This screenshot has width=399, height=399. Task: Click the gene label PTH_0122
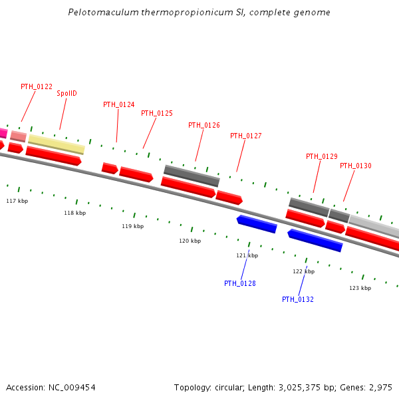tap(37, 86)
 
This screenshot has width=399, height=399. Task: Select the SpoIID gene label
tap(66, 93)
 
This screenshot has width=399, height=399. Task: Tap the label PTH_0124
tap(119, 104)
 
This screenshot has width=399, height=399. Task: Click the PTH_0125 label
tap(157, 113)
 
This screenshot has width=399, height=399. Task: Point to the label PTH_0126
tap(204, 125)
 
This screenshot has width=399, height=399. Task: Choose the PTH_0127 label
tap(246, 136)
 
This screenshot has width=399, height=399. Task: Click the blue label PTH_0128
tap(240, 283)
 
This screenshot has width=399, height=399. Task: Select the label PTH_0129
tap(322, 156)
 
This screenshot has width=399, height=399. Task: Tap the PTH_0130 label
tap(356, 166)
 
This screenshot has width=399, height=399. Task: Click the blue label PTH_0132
tap(298, 299)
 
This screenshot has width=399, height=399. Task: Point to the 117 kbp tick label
tap(17, 201)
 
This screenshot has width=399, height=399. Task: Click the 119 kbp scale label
tap(132, 226)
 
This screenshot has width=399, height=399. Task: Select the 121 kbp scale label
tap(247, 255)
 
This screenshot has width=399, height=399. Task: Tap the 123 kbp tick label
tap(360, 288)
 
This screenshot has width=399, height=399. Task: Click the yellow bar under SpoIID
tap(57, 144)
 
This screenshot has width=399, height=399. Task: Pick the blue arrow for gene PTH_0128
tap(257, 224)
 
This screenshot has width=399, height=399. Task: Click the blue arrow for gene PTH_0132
tap(315, 240)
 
